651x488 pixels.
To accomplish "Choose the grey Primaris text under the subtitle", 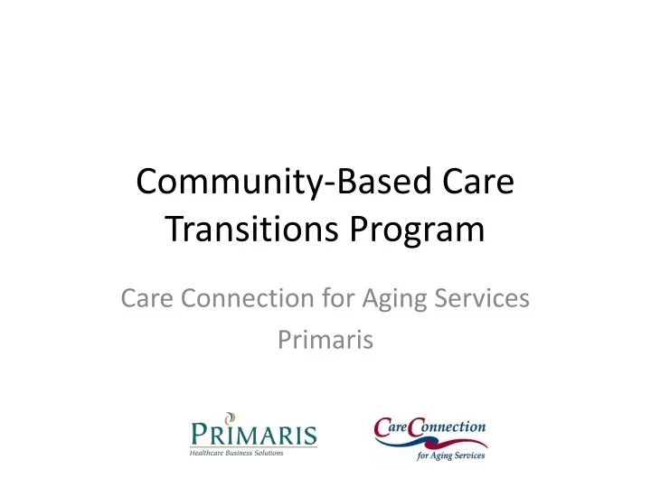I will (325, 340).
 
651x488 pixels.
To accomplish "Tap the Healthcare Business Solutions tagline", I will (236, 453).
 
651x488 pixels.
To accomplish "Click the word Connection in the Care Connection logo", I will (449, 425).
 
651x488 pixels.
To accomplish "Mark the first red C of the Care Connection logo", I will (384, 427).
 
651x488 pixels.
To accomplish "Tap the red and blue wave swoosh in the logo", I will (429, 442).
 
